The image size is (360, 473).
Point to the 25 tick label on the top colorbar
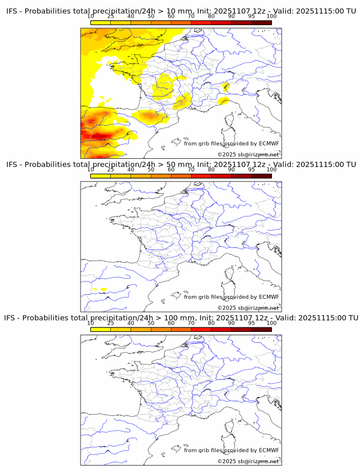tap(111, 17)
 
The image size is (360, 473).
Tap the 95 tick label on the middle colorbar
tap(251, 170)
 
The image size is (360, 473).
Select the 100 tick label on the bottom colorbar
tap(271, 323)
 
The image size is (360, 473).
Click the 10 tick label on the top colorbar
tap(91, 17)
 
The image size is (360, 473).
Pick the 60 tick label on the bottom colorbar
tap(171, 323)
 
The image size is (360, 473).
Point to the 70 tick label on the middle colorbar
tap(191, 170)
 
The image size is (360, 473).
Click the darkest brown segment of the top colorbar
tap(261, 22)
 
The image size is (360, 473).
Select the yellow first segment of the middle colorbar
tap(101, 176)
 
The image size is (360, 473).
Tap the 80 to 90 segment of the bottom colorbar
tap(221, 329)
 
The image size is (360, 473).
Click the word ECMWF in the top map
tap(269, 143)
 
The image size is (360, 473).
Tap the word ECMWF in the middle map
tap(269, 296)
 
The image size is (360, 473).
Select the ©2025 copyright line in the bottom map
tap(248, 461)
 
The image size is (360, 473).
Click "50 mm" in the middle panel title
tap(181, 165)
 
